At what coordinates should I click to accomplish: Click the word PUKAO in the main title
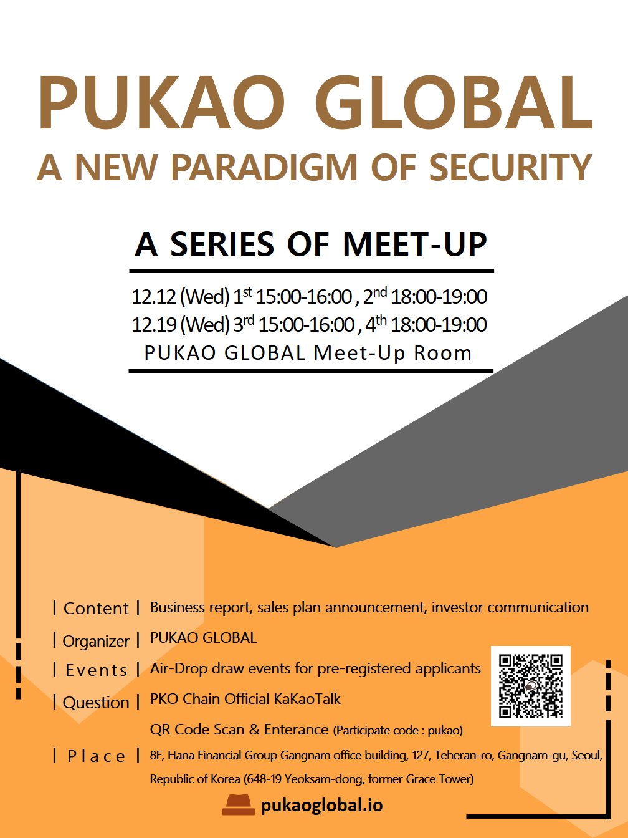pyautogui.click(x=161, y=103)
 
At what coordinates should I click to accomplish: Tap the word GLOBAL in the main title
pyautogui.click(x=454, y=103)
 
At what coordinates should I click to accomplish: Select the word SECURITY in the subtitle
pyautogui.click(x=510, y=168)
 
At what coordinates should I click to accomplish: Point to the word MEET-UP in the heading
pyautogui.click(x=415, y=244)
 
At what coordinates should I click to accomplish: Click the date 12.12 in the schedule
pyautogui.click(x=154, y=297)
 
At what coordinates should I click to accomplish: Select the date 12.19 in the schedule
pyautogui.click(x=154, y=325)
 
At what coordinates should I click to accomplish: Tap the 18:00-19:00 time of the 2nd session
pyautogui.click(x=439, y=297)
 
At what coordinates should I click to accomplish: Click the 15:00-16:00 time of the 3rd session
pyautogui.click(x=306, y=325)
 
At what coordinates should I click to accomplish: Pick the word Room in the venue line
pyautogui.click(x=443, y=353)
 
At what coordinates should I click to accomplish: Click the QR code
pyautogui.click(x=531, y=686)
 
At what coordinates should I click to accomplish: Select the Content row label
pyautogui.click(x=96, y=609)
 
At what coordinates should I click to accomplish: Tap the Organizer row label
pyautogui.click(x=96, y=641)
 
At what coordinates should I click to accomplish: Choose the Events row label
pyautogui.click(x=96, y=670)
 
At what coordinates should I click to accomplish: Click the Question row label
pyautogui.click(x=96, y=703)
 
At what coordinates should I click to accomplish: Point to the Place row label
pyautogui.click(x=96, y=756)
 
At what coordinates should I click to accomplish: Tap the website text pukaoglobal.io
pyautogui.click(x=321, y=805)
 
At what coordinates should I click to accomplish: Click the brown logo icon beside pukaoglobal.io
pyautogui.click(x=239, y=805)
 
